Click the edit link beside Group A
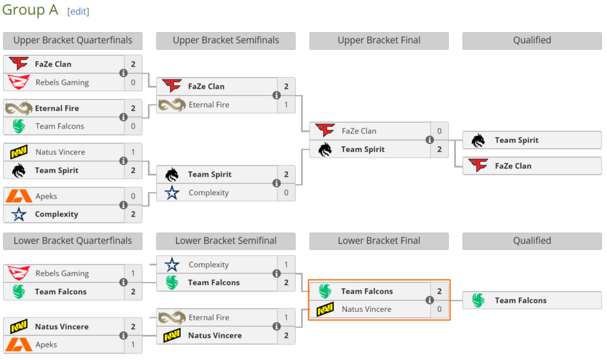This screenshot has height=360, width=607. coord(78,12)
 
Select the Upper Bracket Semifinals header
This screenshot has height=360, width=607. coord(226,40)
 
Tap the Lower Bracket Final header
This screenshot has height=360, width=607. coord(379,241)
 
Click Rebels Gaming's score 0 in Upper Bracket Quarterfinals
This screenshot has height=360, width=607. coord(133,82)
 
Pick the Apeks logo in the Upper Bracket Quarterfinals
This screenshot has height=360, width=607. coord(18,196)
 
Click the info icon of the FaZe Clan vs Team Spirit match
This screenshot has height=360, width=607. coord(429,140)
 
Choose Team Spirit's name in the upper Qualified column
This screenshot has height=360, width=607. coord(516,141)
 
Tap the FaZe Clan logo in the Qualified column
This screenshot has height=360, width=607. coord(478,165)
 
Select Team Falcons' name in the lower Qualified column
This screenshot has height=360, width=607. coord(520,300)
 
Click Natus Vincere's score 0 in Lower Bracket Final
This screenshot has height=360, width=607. coord(439,309)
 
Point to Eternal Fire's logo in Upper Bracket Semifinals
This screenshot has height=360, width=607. coord(172,104)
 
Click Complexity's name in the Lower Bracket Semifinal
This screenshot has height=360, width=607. coord(209,265)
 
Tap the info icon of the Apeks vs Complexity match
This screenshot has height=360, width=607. coord(123,205)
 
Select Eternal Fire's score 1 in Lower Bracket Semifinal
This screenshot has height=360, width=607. coord(286,317)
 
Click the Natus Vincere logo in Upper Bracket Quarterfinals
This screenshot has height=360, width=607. coord(18,152)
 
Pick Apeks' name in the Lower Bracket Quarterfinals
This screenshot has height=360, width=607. coord(46,345)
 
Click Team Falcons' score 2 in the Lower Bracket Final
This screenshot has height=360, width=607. coord(439,291)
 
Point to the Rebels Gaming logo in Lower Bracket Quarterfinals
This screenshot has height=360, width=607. coord(18,273)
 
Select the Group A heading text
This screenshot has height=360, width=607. coord(30,10)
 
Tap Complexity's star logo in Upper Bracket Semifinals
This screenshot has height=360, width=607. coord(172,193)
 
